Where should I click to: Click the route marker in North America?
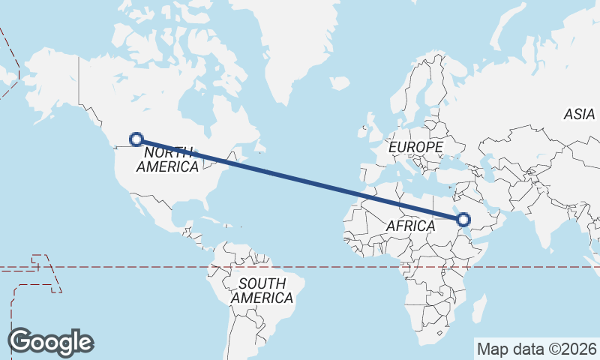[136, 139]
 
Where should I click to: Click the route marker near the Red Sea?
[463, 220]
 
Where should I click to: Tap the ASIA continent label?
[580, 114]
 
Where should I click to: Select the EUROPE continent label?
[415, 147]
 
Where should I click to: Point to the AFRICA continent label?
[410, 226]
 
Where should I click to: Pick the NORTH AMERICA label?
[167, 159]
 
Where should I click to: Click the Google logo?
[50, 342]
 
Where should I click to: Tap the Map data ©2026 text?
[536, 349]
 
